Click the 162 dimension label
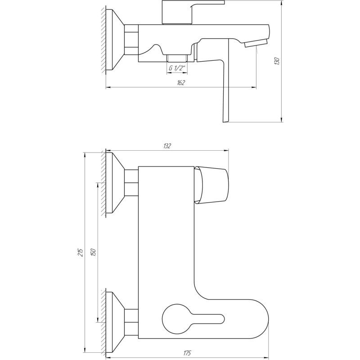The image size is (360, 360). pyautogui.click(x=181, y=83)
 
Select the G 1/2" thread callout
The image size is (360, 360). pyautogui.click(x=176, y=68)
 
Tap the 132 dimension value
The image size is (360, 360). pyautogui.click(x=167, y=146)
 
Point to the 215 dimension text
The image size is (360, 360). pyautogui.click(x=81, y=252)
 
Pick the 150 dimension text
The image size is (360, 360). pyautogui.click(x=93, y=252)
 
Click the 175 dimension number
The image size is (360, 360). pyautogui.click(x=186, y=354)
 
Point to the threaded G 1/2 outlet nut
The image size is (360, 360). pyautogui.click(x=176, y=58)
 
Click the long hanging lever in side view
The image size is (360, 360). pyautogui.click(x=225, y=90)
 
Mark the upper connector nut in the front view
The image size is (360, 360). pyautogui.click(x=131, y=182)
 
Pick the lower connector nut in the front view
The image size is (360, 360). pyautogui.click(x=131, y=322)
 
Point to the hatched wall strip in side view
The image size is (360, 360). pyautogui.click(x=103, y=39)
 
